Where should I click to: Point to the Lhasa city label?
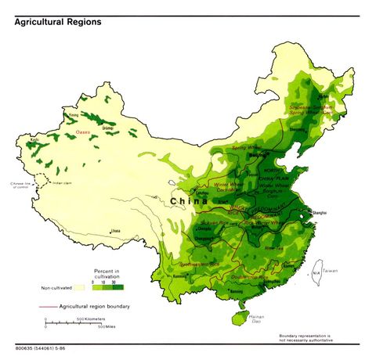click(x=116, y=231)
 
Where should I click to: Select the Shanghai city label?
click(x=319, y=212)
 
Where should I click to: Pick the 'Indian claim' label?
click(x=63, y=182)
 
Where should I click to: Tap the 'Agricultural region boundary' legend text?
click(x=95, y=306)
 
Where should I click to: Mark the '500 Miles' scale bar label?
click(x=108, y=327)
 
